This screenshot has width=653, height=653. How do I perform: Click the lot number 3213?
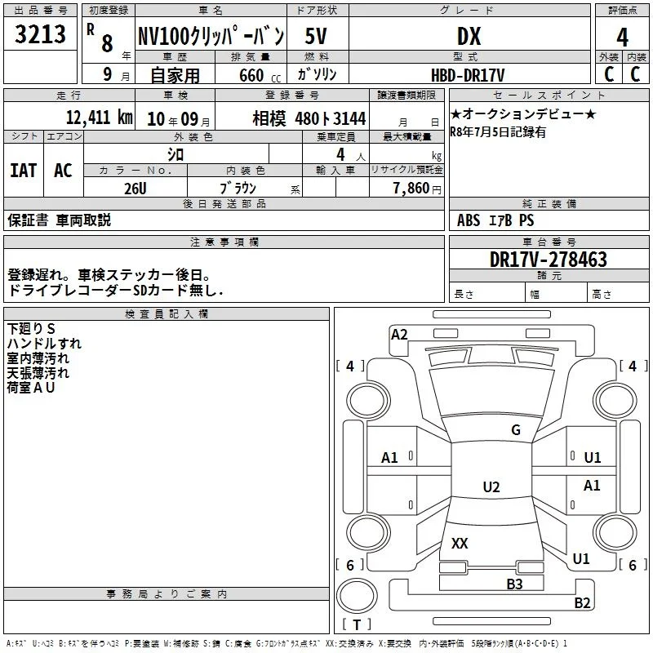(x=40, y=33)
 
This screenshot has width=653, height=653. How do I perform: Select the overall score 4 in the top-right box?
(x=622, y=37)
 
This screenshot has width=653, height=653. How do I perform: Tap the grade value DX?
(x=469, y=36)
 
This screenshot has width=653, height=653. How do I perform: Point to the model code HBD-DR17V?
(x=467, y=75)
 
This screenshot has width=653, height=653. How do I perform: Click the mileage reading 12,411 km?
(x=100, y=118)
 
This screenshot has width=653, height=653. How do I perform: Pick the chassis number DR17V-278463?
(x=548, y=259)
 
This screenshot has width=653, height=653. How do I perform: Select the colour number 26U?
(x=135, y=189)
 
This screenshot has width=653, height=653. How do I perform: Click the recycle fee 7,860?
(x=411, y=189)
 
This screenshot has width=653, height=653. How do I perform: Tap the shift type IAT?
(x=24, y=171)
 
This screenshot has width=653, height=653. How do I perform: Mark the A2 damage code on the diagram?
(x=399, y=335)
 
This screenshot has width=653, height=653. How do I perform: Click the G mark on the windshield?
(x=516, y=429)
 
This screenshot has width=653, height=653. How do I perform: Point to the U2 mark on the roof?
(x=491, y=486)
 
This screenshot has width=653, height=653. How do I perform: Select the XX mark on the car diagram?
(x=460, y=543)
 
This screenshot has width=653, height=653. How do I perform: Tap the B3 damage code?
(x=514, y=584)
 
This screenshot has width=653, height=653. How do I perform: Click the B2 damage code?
(x=582, y=602)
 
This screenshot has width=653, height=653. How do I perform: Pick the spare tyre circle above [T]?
(x=357, y=595)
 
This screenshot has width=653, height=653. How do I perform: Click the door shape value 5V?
(x=316, y=36)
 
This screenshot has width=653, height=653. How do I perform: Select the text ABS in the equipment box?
(x=469, y=220)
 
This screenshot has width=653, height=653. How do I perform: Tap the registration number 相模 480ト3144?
(x=309, y=118)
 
